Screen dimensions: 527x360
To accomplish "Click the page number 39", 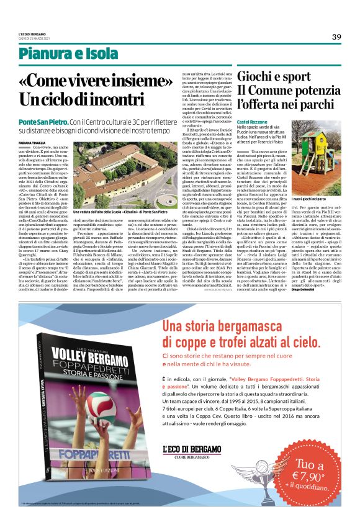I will (336, 37).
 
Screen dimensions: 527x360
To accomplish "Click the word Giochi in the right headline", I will (259, 77).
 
